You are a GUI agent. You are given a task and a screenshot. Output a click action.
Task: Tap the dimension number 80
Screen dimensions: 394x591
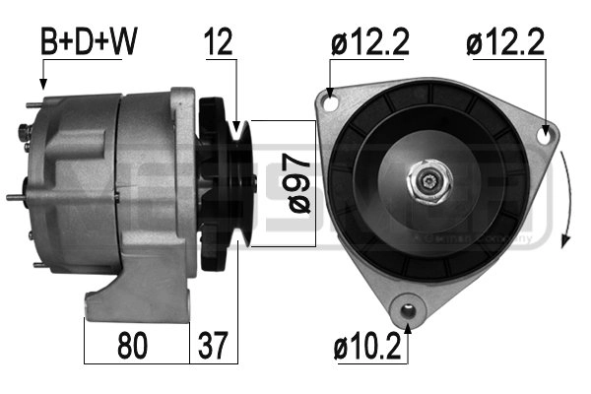134,347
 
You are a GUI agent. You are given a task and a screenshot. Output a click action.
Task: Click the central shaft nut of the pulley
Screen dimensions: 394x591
429,182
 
